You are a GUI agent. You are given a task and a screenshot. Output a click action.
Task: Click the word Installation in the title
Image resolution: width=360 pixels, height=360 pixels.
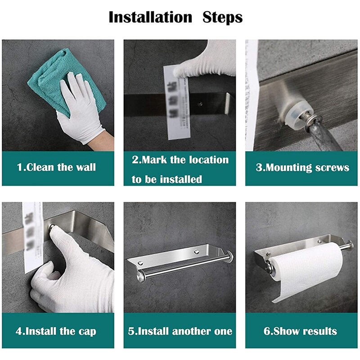click(150, 17)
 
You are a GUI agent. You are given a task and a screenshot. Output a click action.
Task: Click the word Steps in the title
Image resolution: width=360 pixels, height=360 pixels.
click(222, 17)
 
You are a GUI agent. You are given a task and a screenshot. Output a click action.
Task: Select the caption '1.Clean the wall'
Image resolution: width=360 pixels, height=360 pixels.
click(56, 167)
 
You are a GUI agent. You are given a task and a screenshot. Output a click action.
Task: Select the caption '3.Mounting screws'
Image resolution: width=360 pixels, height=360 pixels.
click(302, 168)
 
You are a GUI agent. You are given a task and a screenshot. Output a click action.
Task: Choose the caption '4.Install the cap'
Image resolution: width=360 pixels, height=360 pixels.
click(56, 332)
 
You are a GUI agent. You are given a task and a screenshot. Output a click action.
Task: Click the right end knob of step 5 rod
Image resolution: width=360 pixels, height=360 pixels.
click(230, 257)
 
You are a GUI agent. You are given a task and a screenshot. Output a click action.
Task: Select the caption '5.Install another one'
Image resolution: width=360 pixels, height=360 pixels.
click(180, 332)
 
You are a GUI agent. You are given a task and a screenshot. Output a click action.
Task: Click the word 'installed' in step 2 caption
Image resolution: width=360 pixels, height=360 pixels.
click(180, 179)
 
